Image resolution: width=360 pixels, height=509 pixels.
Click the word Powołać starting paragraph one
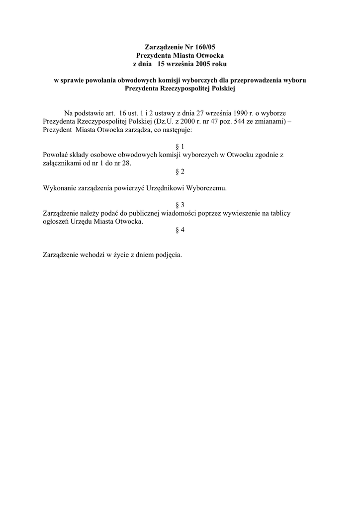[x=57, y=155]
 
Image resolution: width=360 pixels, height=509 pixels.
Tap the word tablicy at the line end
[x=278, y=213]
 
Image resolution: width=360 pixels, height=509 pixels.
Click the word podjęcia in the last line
[x=169, y=255]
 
